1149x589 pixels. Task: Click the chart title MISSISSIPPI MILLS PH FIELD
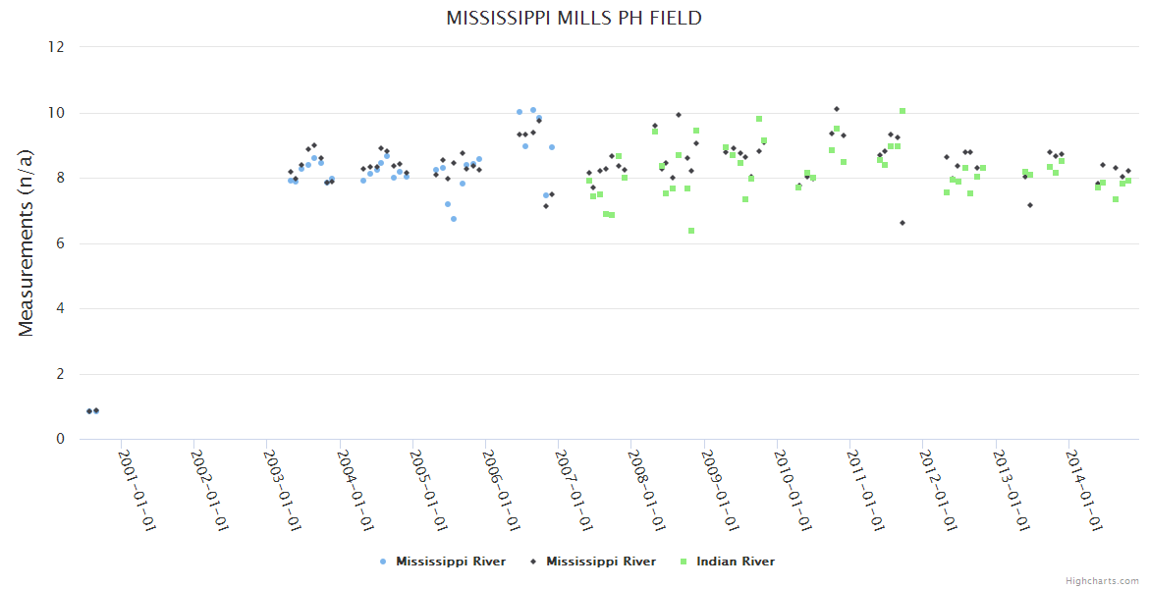pos(574,19)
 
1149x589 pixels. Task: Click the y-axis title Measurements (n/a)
pos(27,242)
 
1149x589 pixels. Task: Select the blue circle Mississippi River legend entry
pos(443,562)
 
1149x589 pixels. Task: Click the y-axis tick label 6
pos(61,243)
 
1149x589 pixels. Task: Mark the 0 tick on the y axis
pos(61,440)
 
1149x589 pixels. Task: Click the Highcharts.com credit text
pos(1102,581)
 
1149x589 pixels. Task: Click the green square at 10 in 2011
pos(903,111)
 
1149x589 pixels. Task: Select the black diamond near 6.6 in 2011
pos(903,223)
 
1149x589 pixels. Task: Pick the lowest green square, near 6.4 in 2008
pos(691,231)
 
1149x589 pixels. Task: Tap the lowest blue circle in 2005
pos(454,219)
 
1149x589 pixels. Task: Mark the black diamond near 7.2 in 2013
pos(1029,205)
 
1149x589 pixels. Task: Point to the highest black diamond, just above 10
pos(837,109)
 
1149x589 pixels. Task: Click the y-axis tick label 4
pos(61,309)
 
